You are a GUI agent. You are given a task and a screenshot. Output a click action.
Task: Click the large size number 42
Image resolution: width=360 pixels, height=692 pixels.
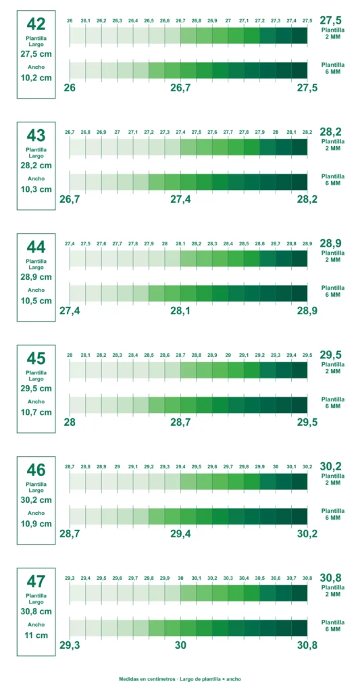coord(36,24)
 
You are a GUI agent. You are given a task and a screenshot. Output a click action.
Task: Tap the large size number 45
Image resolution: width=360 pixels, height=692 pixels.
coord(36,358)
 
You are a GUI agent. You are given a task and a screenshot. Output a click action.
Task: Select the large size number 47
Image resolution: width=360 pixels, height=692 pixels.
coord(36,581)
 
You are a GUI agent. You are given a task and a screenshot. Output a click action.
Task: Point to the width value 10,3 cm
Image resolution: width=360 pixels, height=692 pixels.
coord(36,189)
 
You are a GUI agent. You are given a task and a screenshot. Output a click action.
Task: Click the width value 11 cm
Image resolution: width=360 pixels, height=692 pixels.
coord(36,635)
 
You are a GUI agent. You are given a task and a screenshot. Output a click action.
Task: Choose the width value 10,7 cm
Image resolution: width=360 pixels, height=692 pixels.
coord(36,412)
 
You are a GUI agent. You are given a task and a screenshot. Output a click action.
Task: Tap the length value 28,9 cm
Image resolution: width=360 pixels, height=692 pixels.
coord(36,276)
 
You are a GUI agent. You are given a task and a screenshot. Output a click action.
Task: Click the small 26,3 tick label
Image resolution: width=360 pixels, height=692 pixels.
coord(118,21)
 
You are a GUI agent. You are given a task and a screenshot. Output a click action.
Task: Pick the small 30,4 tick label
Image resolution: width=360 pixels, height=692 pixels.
coord(244,578)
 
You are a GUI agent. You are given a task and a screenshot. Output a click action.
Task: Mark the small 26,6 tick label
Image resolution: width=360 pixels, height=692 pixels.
coord(165,21)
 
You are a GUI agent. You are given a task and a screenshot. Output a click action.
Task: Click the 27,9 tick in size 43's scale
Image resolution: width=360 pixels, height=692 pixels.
coord(260,132)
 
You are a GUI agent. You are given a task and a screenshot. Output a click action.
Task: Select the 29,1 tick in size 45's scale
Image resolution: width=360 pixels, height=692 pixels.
coord(244,355)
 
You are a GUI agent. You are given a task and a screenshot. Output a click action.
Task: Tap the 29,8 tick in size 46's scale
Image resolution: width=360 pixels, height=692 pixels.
coord(244,466)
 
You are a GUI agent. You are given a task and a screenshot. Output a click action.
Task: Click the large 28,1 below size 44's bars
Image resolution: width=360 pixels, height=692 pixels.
coord(180,311)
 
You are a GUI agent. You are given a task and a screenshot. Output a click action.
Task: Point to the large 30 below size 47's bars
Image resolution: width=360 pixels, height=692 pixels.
coord(180,645)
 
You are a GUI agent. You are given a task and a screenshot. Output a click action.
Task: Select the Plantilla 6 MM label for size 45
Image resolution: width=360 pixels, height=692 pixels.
coord(333,403)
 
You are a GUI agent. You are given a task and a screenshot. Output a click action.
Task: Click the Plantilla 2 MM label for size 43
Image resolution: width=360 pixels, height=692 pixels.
coord(333,145)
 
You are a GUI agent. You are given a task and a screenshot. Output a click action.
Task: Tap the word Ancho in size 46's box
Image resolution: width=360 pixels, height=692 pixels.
coord(36,514)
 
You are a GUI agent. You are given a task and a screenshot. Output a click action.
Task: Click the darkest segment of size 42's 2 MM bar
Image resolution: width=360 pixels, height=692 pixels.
coord(300,35)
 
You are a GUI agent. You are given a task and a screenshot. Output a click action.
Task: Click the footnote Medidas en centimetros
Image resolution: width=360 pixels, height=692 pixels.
coord(147,679)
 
